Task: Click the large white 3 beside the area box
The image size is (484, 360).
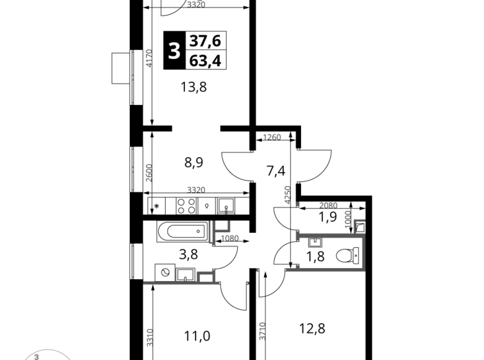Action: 174,50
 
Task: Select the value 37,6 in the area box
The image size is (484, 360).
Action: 207,41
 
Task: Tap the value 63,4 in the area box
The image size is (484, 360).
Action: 207,61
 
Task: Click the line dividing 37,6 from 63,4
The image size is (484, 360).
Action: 207,50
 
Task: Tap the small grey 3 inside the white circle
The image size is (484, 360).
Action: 37,357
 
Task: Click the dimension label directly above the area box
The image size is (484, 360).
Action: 196,4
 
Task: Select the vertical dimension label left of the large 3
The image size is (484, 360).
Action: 148,56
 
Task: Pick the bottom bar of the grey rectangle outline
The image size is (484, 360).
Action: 325,269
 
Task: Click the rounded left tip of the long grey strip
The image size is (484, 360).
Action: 146,282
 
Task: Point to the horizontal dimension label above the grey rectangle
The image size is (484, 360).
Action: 327,204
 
